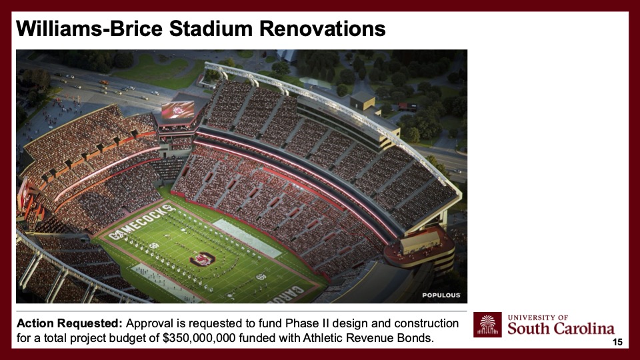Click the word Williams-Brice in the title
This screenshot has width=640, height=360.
click(x=89, y=29)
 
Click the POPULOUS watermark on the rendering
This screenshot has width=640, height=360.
click(x=441, y=295)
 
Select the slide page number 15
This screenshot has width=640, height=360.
click(x=617, y=342)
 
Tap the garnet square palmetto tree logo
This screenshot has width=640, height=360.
click(x=487, y=325)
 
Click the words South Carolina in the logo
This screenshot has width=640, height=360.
click(x=561, y=329)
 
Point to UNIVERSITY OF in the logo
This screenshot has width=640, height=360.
click(x=538, y=317)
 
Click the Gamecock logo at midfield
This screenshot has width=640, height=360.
click(x=203, y=259)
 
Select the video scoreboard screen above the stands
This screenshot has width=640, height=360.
click(x=178, y=109)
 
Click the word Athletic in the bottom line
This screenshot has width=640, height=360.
click(x=321, y=338)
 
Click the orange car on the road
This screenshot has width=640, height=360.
click(x=104, y=82)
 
